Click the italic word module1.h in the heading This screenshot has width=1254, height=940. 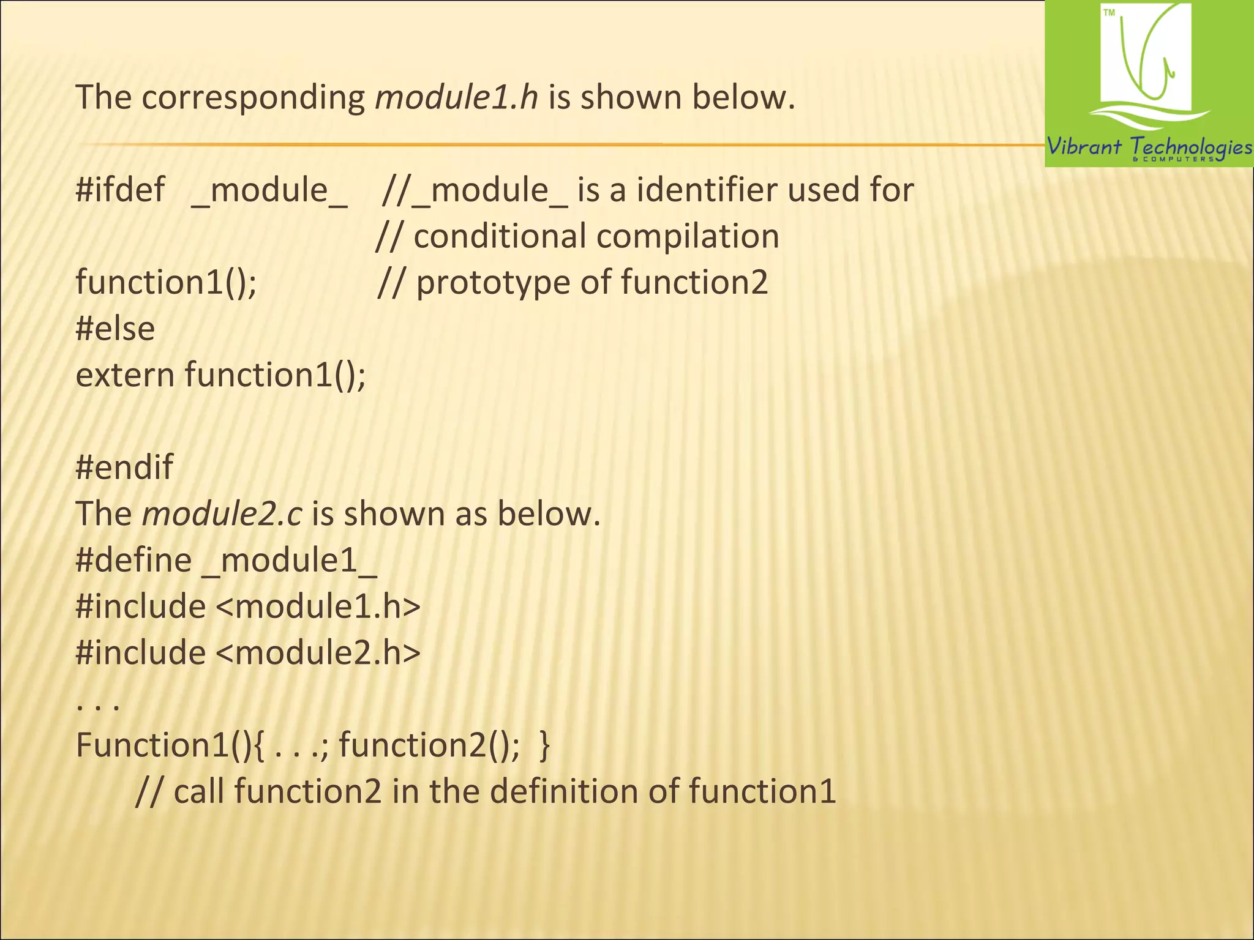tap(456, 97)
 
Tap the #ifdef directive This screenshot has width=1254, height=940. tap(120, 190)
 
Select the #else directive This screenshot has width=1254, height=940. tap(115, 329)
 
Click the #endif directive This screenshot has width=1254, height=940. tap(124, 467)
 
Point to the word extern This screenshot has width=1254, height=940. tap(125, 375)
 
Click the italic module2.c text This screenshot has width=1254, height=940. tap(222, 513)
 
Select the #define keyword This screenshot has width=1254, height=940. tap(133, 560)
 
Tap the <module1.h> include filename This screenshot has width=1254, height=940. tap(318, 606)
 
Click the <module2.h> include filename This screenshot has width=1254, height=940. tap(318, 653)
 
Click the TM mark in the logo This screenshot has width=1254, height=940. tap(1109, 13)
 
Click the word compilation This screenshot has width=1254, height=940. tap(688, 236)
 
